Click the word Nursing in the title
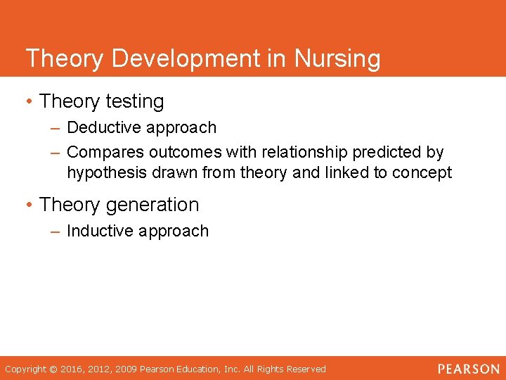coord(338,58)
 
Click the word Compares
coord(100,152)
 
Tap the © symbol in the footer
coord(54,369)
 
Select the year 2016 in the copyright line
coord(72,369)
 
